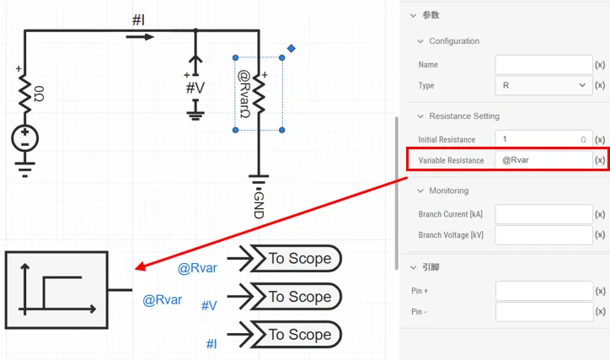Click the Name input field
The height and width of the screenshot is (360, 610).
coord(543,65)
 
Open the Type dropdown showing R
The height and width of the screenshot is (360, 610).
coord(543,85)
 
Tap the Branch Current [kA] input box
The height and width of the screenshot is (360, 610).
coord(543,214)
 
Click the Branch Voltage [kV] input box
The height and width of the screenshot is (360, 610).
coord(543,235)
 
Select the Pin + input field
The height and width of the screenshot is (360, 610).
coord(543,291)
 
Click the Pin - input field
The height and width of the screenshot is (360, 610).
coord(543,312)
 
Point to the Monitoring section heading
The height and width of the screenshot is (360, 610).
coord(448,191)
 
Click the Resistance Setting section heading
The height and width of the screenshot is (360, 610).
coord(463,116)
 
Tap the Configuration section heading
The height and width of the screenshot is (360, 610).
coord(453,41)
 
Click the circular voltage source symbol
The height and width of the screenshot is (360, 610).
coord(25,138)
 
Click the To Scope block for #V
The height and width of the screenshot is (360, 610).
coord(299,297)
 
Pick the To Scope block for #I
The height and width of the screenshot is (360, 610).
coord(299,335)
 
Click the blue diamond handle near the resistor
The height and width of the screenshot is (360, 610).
coord(291,49)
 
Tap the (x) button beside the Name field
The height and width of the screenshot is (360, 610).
coord(600,65)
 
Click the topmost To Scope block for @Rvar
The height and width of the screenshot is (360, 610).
coord(299,259)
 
